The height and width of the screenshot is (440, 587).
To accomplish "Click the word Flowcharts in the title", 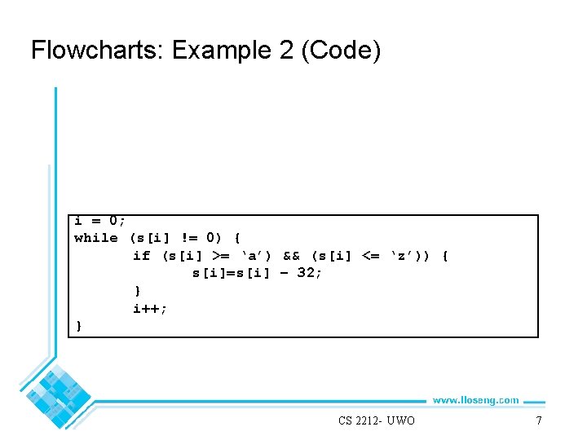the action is pos(97,51).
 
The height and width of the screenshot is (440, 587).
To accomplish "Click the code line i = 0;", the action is pos(99,221).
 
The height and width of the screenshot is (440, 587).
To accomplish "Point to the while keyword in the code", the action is pos(95,238).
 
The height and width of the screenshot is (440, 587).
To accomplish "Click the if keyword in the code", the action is pos(142,256).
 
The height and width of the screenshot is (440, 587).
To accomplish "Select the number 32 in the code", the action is pos(307,274).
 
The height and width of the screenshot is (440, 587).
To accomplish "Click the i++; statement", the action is pos(151,308).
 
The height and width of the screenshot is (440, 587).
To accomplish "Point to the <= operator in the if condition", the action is pos(369,256).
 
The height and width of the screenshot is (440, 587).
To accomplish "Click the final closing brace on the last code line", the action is pos(78,326).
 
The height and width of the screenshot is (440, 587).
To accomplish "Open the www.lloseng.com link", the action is pos(475,399).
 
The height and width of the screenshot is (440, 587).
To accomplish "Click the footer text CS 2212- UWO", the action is pos(376,420).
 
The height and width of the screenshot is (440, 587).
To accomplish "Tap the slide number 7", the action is pos(538,420).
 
